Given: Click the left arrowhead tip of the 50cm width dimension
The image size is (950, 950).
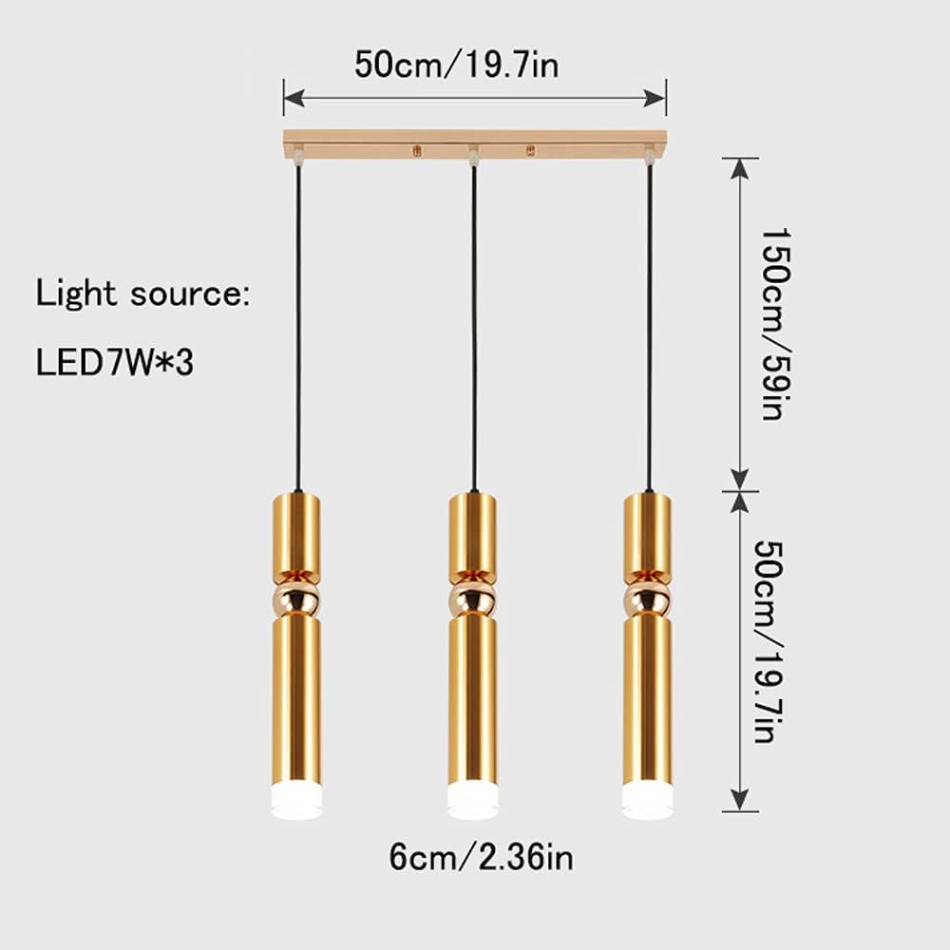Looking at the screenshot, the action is [x=284, y=98].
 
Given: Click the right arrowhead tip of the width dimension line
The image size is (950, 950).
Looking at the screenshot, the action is [x=666, y=98].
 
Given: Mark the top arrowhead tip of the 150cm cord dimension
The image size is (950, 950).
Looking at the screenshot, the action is [x=739, y=159].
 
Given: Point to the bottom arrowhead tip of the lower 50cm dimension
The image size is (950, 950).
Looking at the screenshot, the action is [x=739, y=810].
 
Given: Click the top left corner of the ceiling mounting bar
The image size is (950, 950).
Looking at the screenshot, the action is [x=283, y=131].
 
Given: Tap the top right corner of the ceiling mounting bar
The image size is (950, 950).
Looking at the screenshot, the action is [x=667, y=131].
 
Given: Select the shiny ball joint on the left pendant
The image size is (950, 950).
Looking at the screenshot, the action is [x=296, y=598].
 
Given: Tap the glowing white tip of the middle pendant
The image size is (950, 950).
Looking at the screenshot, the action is [x=473, y=801].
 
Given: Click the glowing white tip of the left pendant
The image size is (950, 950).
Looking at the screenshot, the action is [x=296, y=801].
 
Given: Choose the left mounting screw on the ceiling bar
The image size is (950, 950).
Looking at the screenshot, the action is [x=417, y=151].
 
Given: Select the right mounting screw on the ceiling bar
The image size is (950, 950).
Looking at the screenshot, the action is [x=531, y=151].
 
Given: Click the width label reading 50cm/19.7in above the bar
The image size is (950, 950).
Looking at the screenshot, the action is [x=457, y=65].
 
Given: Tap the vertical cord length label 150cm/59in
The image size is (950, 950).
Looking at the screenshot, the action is [x=775, y=324].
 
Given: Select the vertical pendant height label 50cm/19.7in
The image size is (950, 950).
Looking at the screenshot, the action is [x=769, y=642].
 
